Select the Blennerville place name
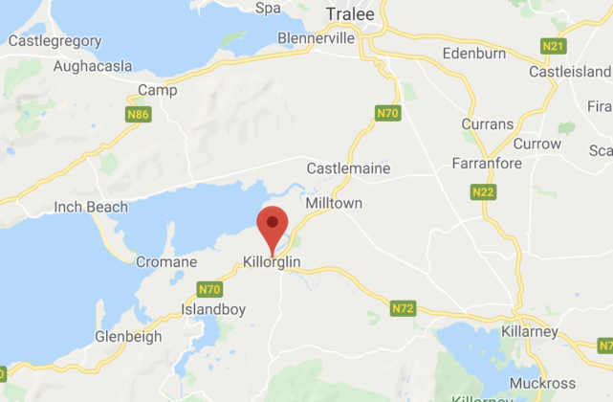point(316,38)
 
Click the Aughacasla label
point(66,67)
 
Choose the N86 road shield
point(139,114)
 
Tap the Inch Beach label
point(91,207)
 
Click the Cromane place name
point(166,261)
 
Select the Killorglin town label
point(274,261)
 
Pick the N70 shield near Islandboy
point(209,288)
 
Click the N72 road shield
point(404,308)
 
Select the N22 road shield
point(484,192)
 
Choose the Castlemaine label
point(348,168)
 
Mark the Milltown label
point(330,204)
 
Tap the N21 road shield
point(552,45)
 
